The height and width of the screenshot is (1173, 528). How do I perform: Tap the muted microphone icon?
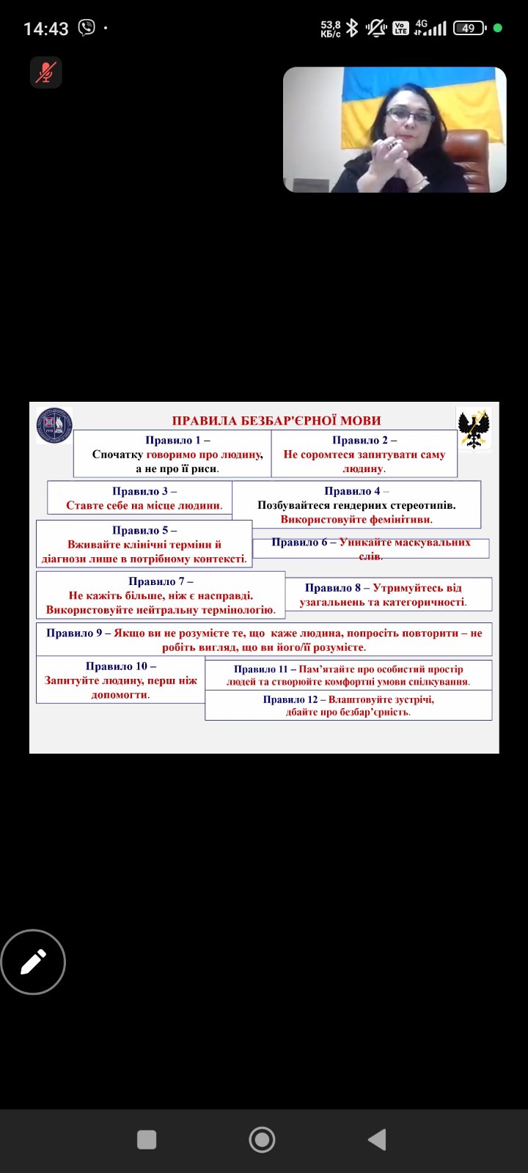[46, 73]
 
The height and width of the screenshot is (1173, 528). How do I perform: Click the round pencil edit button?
[33, 961]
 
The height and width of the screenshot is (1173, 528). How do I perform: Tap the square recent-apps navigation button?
[147, 1139]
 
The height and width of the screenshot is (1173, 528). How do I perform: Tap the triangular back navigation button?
[377, 1139]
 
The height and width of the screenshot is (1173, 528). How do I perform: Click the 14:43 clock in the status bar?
[46, 29]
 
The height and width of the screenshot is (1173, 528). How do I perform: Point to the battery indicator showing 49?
[469, 29]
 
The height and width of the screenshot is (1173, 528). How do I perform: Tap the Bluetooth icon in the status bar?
[352, 28]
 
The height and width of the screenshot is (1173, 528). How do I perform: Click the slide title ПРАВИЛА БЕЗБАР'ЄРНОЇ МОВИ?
[276, 421]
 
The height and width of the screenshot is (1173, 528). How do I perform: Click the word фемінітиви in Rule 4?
[400, 520]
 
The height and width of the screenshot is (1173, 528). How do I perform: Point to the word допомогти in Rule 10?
[120, 695]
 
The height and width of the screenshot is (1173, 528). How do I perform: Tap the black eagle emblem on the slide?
[474, 428]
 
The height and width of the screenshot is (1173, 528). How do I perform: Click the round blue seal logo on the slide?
[54, 425]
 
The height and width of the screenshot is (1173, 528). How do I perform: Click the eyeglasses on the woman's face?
[410, 114]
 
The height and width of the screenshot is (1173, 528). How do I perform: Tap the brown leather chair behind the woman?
[469, 157]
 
